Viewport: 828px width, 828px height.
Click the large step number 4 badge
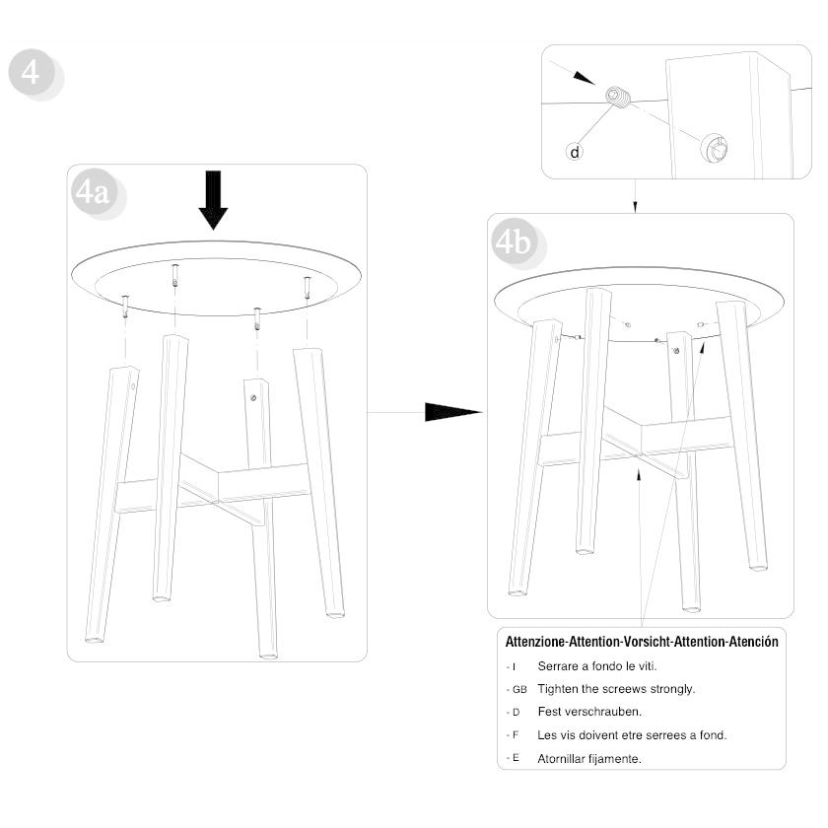pyautogui.click(x=33, y=73)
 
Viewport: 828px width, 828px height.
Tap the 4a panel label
pyautogui.click(x=95, y=193)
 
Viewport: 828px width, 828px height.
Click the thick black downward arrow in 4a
pyautogui.click(x=213, y=200)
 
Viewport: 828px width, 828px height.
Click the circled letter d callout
pyautogui.click(x=575, y=152)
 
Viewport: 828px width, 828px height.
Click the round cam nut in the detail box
pyautogui.click(x=714, y=148)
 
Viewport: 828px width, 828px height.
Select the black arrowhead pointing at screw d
pyautogui.click(x=584, y=77)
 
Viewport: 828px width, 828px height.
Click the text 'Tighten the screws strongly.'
pyautogui.click(x=616, y=689)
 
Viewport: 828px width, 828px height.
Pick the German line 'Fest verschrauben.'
pyautogui.click(x=589, y=712)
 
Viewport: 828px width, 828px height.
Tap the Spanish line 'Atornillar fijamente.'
pyautogui.click(x=589, y=759)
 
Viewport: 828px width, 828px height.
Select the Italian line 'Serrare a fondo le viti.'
pyautogui.click(x=597, y=666)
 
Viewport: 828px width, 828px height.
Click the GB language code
pyautogui.click(x=519, y=689)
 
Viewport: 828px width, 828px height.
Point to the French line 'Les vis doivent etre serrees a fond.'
pyautogui.click(x=632, y=735)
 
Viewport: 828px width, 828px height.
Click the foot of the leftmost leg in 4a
pyautogui.click(x=95, y=640)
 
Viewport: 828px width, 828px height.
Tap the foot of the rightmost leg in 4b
pyautogui.click(x=758, y=567)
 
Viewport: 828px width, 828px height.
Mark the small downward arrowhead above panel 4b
pyautogui.click(x=635, y=207)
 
